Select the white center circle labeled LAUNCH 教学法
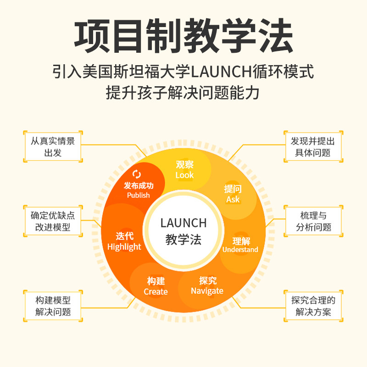click(183, 231)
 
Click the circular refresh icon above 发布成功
click(137, 174)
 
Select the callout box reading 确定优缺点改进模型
click(53, 221)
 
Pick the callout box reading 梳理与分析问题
click(314, 221)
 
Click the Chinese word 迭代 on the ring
click(124, 236)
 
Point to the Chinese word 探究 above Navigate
click(208, 280)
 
